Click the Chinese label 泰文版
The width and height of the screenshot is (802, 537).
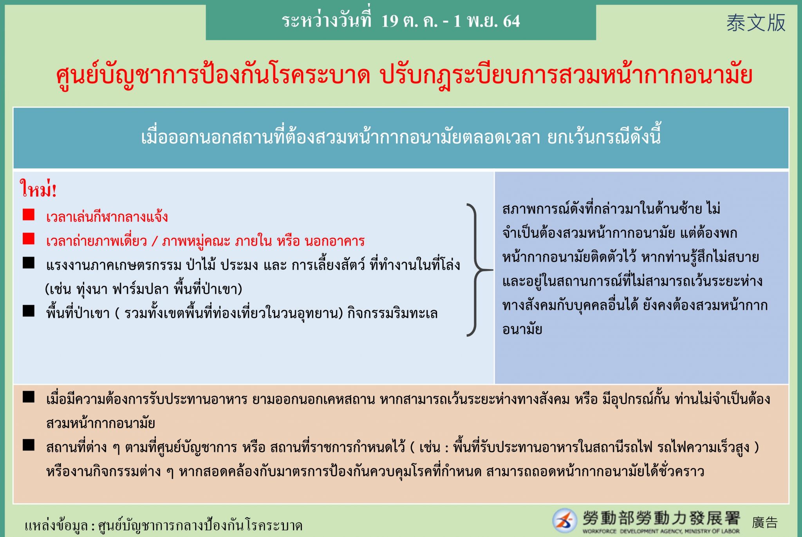[x=756, y=23]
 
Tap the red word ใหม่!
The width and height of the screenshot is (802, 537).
[x=38, y=189]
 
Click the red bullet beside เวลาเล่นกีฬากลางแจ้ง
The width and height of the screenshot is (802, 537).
[x=29, y=215]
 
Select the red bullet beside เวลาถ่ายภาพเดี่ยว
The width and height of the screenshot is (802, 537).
[x=29, y=239]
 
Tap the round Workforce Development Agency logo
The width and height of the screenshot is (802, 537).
[x=564, y=521]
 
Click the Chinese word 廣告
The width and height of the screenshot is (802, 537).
[x=765, y=523]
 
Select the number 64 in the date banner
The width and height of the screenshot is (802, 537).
[x=511, y=21]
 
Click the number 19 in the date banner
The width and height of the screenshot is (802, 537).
[x=390, y=21]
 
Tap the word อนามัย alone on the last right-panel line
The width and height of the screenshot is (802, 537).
[x=522, y=329]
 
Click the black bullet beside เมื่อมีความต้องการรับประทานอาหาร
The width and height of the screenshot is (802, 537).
[x=29, y=397]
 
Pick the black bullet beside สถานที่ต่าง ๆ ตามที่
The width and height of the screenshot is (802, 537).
[x=29, y=445]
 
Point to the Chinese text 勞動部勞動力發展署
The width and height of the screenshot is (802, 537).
[x=661, y=518]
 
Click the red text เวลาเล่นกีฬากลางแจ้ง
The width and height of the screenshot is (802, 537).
[x=107, y=217]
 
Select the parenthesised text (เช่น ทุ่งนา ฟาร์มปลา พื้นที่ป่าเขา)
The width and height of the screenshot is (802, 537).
[x=144, y=289]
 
